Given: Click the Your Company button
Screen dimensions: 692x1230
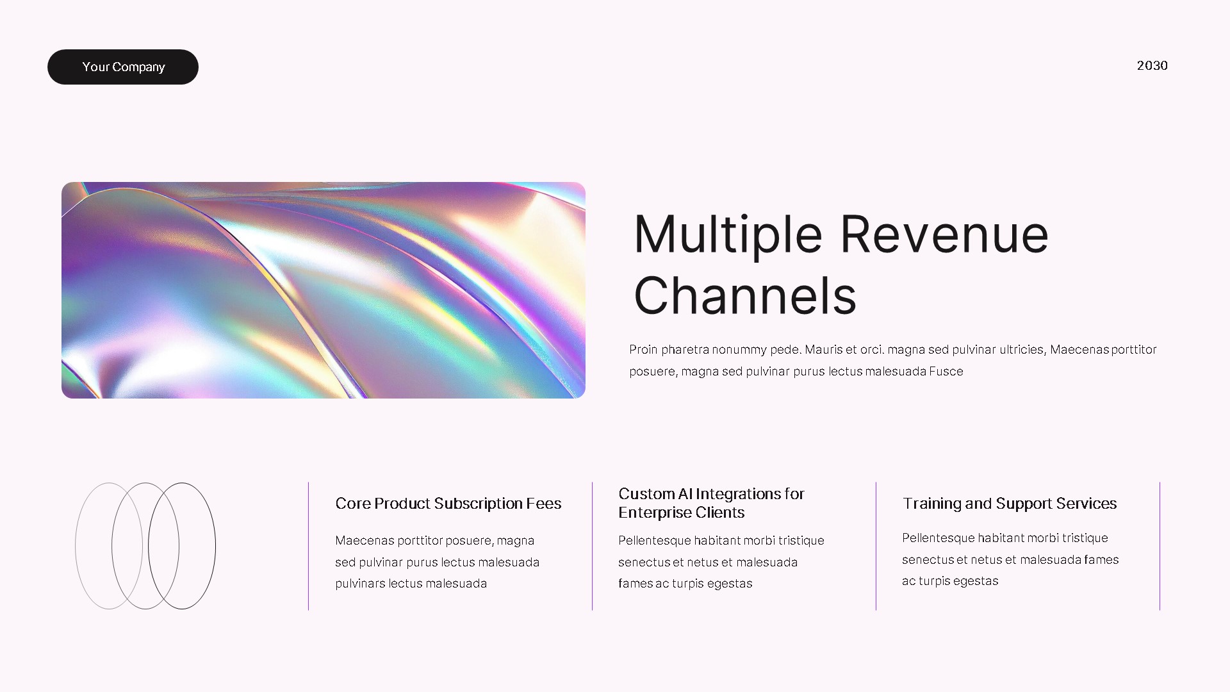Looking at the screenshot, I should (123, 67).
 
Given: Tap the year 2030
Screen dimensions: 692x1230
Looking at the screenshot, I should (1152, 65).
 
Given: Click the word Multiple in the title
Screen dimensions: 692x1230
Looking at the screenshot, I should (728, 235).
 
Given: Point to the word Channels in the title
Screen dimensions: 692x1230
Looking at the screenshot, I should (744, 296).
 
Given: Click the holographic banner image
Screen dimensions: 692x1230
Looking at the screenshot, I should (324, 290).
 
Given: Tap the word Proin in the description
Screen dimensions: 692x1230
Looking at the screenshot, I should (643, 349).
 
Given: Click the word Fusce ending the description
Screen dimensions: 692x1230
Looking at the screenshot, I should (946, 371).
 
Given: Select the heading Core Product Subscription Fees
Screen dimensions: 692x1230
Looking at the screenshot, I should (448, 504).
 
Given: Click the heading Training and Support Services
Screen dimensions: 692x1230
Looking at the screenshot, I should (1009, 504).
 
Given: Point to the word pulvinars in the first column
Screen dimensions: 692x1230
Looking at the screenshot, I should (360, 583).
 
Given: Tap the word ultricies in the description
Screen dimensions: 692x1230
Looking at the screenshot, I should (1022, 349).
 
